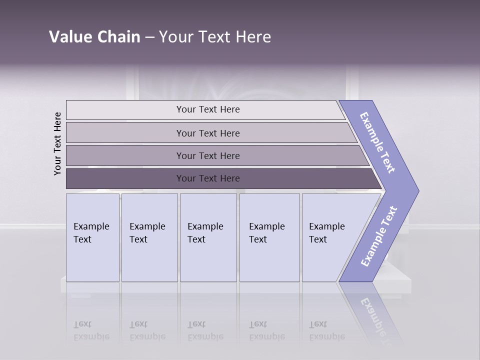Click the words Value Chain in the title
click(94, 36)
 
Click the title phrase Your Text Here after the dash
click(215, 36)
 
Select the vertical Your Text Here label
click(57, 143)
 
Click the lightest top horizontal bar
click(207, 109)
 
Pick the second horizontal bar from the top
click(207, 133)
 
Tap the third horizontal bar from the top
click(207, 155)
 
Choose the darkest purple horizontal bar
click(207, 178)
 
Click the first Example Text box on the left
click(92, 237)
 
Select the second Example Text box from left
click(149, 237)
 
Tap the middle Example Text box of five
click(207, 237)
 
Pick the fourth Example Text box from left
click(269, 237)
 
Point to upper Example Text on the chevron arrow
click(378, 142)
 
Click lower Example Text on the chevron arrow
click(378, 236)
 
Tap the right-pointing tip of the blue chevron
click(415, 191)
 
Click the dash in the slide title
click(149, 37)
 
